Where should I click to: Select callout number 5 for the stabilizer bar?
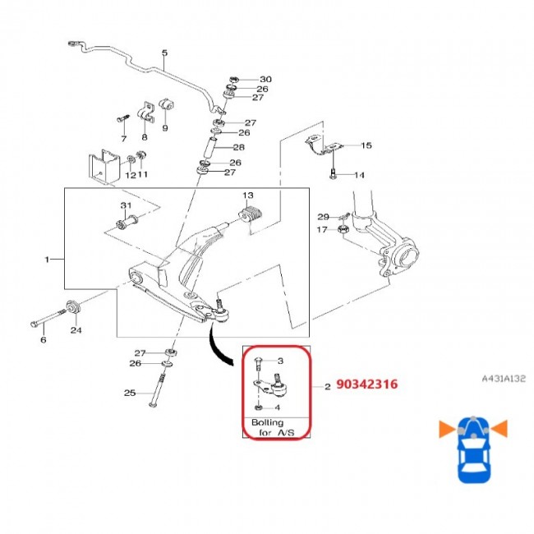[x=163, y=54]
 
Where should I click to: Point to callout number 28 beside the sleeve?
[x=238, y=147]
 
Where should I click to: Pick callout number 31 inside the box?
[x=126, y=205]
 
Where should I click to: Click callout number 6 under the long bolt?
[x=44, y=339]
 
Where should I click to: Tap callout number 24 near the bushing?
[x=76, y=332]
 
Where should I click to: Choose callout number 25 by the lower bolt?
[x=129, y=393]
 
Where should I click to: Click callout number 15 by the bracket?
[x=366, y=145]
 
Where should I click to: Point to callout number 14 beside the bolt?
[x=359, y=175]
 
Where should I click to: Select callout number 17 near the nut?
[x=323, y=230]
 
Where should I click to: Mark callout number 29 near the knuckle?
[x=323, y=216]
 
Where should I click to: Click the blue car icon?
[x=472, y=448]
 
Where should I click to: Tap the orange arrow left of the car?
[x=445, y=427]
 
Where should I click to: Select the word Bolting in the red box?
[x=267, y=422]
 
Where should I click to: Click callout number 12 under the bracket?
[x=128, y=175]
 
